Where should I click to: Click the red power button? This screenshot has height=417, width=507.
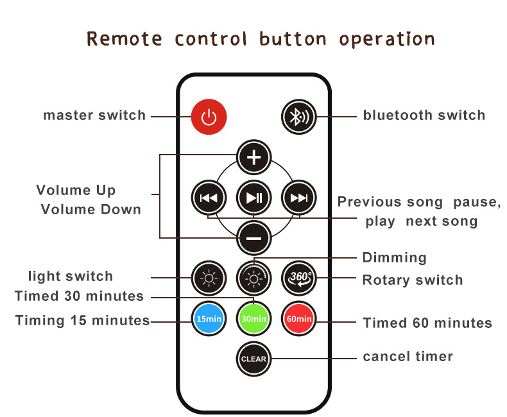point(209,117)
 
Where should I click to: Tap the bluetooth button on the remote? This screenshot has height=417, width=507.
point(299,117)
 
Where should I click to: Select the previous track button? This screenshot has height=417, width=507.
point(209,198)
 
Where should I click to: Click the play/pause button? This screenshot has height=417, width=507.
point(253,198)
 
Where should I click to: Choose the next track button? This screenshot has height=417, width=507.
point(299,198)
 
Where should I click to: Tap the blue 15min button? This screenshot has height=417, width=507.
point(209,318)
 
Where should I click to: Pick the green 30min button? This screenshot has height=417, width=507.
point(253,318)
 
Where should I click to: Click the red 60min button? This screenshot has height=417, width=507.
point(299,318)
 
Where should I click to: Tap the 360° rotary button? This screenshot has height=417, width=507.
point(299,278)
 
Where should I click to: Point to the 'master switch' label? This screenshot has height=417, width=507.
point(94,116)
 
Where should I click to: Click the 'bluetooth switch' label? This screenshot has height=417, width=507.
point(424,116)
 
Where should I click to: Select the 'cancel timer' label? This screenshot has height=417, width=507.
point(408,357)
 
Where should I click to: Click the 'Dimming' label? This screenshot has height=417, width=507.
point(394,258)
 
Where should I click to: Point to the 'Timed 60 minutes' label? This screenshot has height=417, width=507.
point(427,323)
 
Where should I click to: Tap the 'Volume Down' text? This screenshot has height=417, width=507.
point(90,210)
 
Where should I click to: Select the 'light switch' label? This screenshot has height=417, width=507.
point(71,277)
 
